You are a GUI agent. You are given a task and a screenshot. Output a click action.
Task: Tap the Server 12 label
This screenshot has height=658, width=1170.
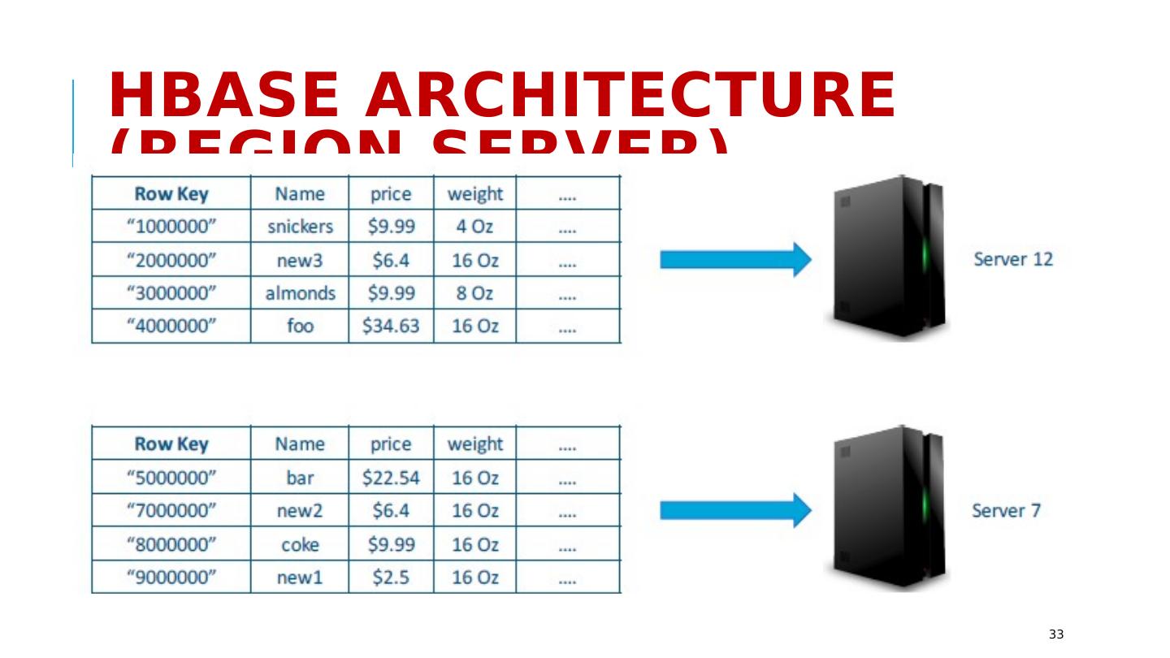1012,260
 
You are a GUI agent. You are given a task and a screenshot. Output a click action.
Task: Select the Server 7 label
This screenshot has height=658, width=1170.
1006,511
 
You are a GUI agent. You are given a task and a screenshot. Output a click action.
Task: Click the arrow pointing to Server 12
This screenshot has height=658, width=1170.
734,260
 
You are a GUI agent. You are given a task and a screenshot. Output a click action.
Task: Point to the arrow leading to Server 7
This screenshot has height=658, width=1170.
734,511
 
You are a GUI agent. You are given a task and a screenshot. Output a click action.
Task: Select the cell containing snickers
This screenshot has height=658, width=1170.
300,227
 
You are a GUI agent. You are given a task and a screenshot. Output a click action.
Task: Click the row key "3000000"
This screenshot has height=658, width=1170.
171,293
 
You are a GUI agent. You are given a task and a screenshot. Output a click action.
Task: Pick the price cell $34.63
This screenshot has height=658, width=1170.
391,327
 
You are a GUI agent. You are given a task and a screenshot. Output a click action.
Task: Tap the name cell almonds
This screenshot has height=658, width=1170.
300,293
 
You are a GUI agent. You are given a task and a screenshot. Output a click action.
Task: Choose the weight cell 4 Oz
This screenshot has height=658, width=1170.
474,227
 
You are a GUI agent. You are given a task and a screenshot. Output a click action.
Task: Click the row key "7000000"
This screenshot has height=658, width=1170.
171,511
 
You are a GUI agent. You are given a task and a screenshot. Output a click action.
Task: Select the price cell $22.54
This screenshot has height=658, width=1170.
391,478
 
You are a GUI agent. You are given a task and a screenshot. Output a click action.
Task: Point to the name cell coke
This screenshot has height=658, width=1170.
300,544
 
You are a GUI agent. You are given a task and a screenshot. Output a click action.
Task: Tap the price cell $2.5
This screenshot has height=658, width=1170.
391,578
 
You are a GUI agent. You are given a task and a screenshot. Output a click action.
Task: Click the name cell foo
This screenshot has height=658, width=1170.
300,327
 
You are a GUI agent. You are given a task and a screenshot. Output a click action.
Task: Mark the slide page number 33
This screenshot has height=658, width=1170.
1055,634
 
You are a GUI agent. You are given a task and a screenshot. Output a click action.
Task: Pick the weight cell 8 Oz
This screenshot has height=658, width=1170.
474,293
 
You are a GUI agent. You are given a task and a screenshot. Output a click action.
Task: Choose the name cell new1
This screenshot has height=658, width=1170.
300,578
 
